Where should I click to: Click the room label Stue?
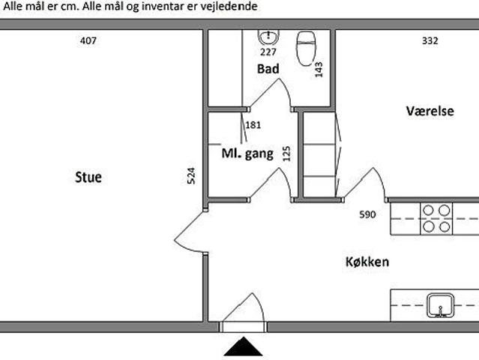tap(88, 178)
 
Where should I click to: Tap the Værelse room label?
tap(430, 111)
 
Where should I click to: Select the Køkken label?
tap(367, 262)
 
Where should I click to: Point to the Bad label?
tap(268, 69)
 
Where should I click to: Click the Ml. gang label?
tap(247, 154)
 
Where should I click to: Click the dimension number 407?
tap(88, 41)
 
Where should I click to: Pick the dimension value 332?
tap(430, 41)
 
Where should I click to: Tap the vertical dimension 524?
tap(191, 177)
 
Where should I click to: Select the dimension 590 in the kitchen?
tap(367, 214)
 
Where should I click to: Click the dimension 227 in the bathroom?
tap(268, 52)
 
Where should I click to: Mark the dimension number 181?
tap(253, 125)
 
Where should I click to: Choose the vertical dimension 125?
tap(286, 154)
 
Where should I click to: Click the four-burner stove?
tap(436, 217)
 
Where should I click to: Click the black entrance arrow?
tap(244, 347)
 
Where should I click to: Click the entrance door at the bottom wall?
tap(244, 326)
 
